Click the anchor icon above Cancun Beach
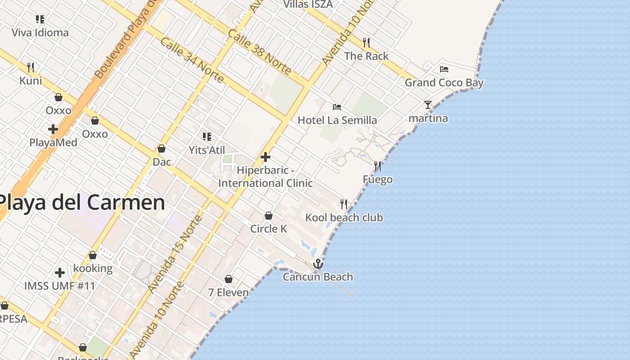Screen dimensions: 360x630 point(318,264)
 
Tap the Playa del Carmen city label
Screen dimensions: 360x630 point(82,202)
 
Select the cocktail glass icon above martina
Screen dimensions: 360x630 point(428,105)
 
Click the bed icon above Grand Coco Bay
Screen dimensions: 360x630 point(444,69)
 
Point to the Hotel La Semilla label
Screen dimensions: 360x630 point(337,120)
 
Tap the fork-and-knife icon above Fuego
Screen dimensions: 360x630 point(378,166)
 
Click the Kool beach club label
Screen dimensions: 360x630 point(344,218)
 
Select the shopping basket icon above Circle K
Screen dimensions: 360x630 point(269,216)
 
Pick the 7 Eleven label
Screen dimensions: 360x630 point(228,292)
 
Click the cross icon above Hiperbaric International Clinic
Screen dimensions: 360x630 point(265,157)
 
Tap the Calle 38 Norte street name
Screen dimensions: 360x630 point(260,52)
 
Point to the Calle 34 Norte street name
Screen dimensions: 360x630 point(192,60)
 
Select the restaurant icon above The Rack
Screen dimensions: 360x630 point(366,43)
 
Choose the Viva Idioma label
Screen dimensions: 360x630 point(40,32)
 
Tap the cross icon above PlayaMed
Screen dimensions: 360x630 point(53,129)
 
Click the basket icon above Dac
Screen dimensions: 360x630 point(162,148)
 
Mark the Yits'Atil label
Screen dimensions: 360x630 point(207,150)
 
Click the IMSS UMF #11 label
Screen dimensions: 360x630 point(60,286)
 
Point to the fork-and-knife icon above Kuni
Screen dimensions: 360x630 point(31,67)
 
